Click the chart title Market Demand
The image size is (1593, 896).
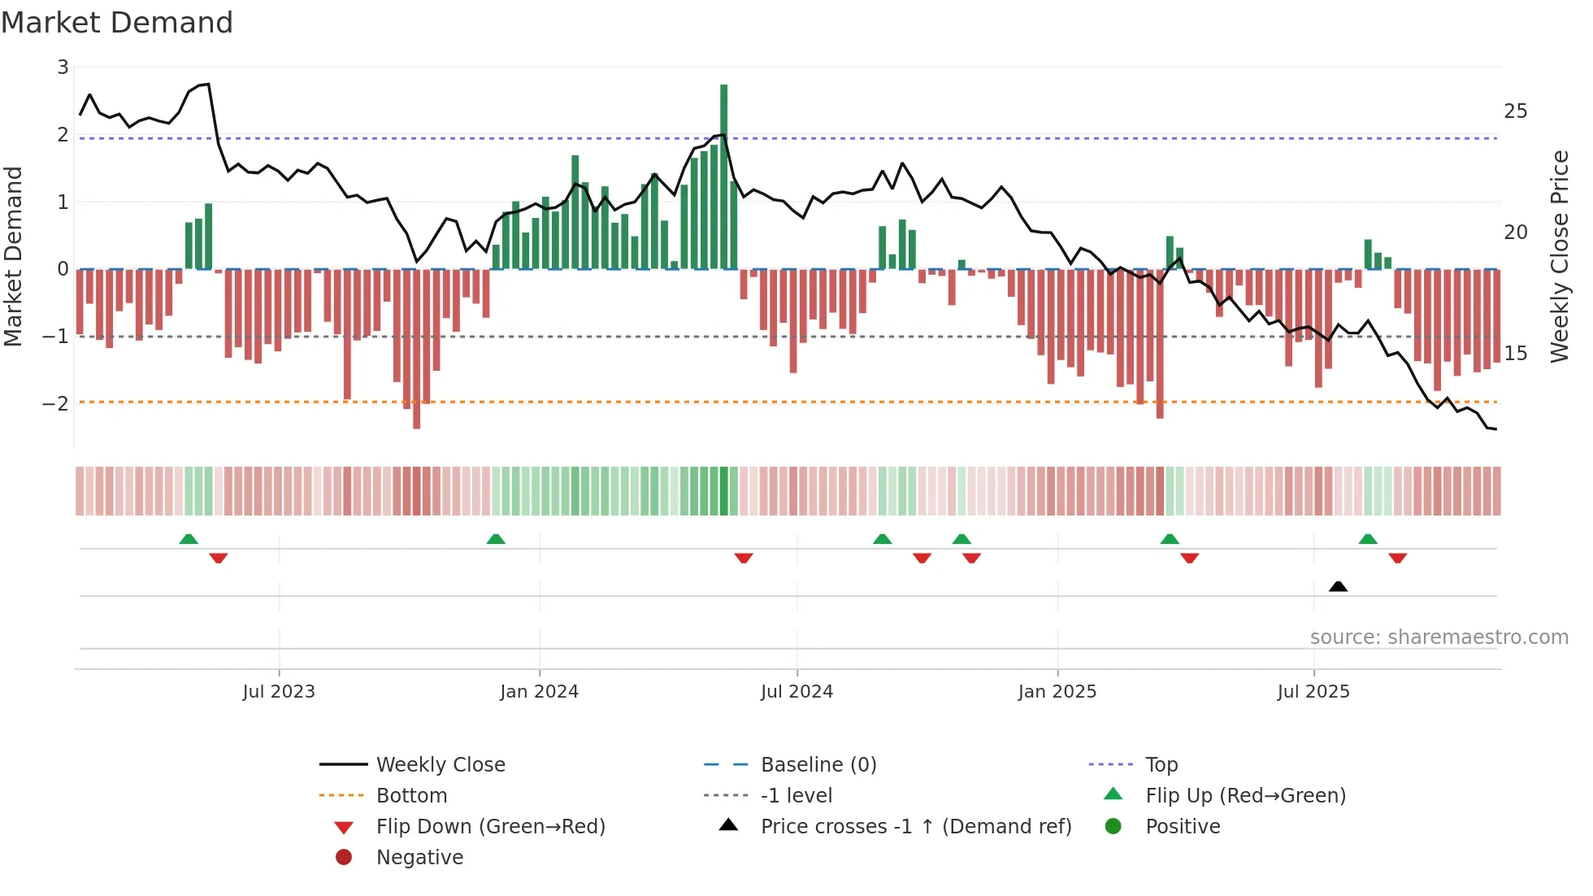pyautogui.click(x=117, y=23)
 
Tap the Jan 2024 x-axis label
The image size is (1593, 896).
pyautogui.click(x=539, y=692)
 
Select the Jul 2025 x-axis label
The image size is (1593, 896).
pyautogui.click(x=1313, y=692)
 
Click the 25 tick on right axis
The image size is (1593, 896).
pyautogui.click(x=1515, y=111)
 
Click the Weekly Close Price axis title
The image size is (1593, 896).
pyautogui.click(x=1559, y=256)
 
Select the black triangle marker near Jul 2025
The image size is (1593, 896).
pyautogui.click(x=1338, y=586)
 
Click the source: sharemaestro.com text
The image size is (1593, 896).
pyautogui.click(x=1439, y=637)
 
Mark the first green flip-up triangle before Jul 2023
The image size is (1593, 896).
pyautogui.click(x=189, y=539)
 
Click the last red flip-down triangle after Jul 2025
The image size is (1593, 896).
pyautogui.click(x=1397, y=559)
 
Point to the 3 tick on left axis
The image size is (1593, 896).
pyautogui.click(x=63, y=67)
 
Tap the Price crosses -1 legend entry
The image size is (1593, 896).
pyautogui.click(x=915, y=827)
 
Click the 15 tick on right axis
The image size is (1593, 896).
pyautogui.click(x=1515, y=354)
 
